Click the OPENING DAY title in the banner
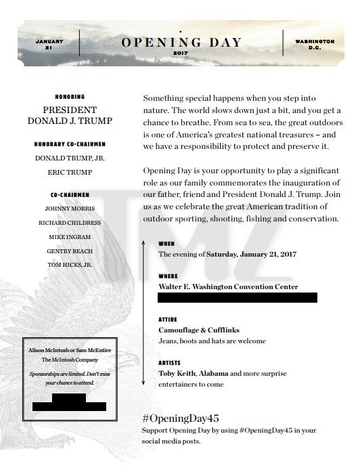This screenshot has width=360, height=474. point(181,42)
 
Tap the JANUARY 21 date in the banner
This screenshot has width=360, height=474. point(48,45)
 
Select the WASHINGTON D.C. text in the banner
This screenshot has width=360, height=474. point(315,45)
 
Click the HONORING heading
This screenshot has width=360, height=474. point(70,97)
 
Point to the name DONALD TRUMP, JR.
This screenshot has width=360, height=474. point(70,158)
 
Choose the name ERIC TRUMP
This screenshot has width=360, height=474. point(70,172)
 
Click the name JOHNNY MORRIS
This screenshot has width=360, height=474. point(70,209)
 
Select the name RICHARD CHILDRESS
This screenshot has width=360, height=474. point(70,223)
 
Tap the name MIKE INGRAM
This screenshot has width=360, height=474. point(70,237)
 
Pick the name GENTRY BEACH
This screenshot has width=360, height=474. point(70,251)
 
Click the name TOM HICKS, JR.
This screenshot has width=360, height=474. point(70,265)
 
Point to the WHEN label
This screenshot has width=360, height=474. point(166,243)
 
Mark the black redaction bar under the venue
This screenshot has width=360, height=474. point(237,297)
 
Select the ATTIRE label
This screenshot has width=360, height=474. point(168,319)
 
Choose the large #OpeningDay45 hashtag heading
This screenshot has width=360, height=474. point(180,418)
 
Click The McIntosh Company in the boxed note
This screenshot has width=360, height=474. point(70,360)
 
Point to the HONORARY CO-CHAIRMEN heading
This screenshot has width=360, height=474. point(70,144)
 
